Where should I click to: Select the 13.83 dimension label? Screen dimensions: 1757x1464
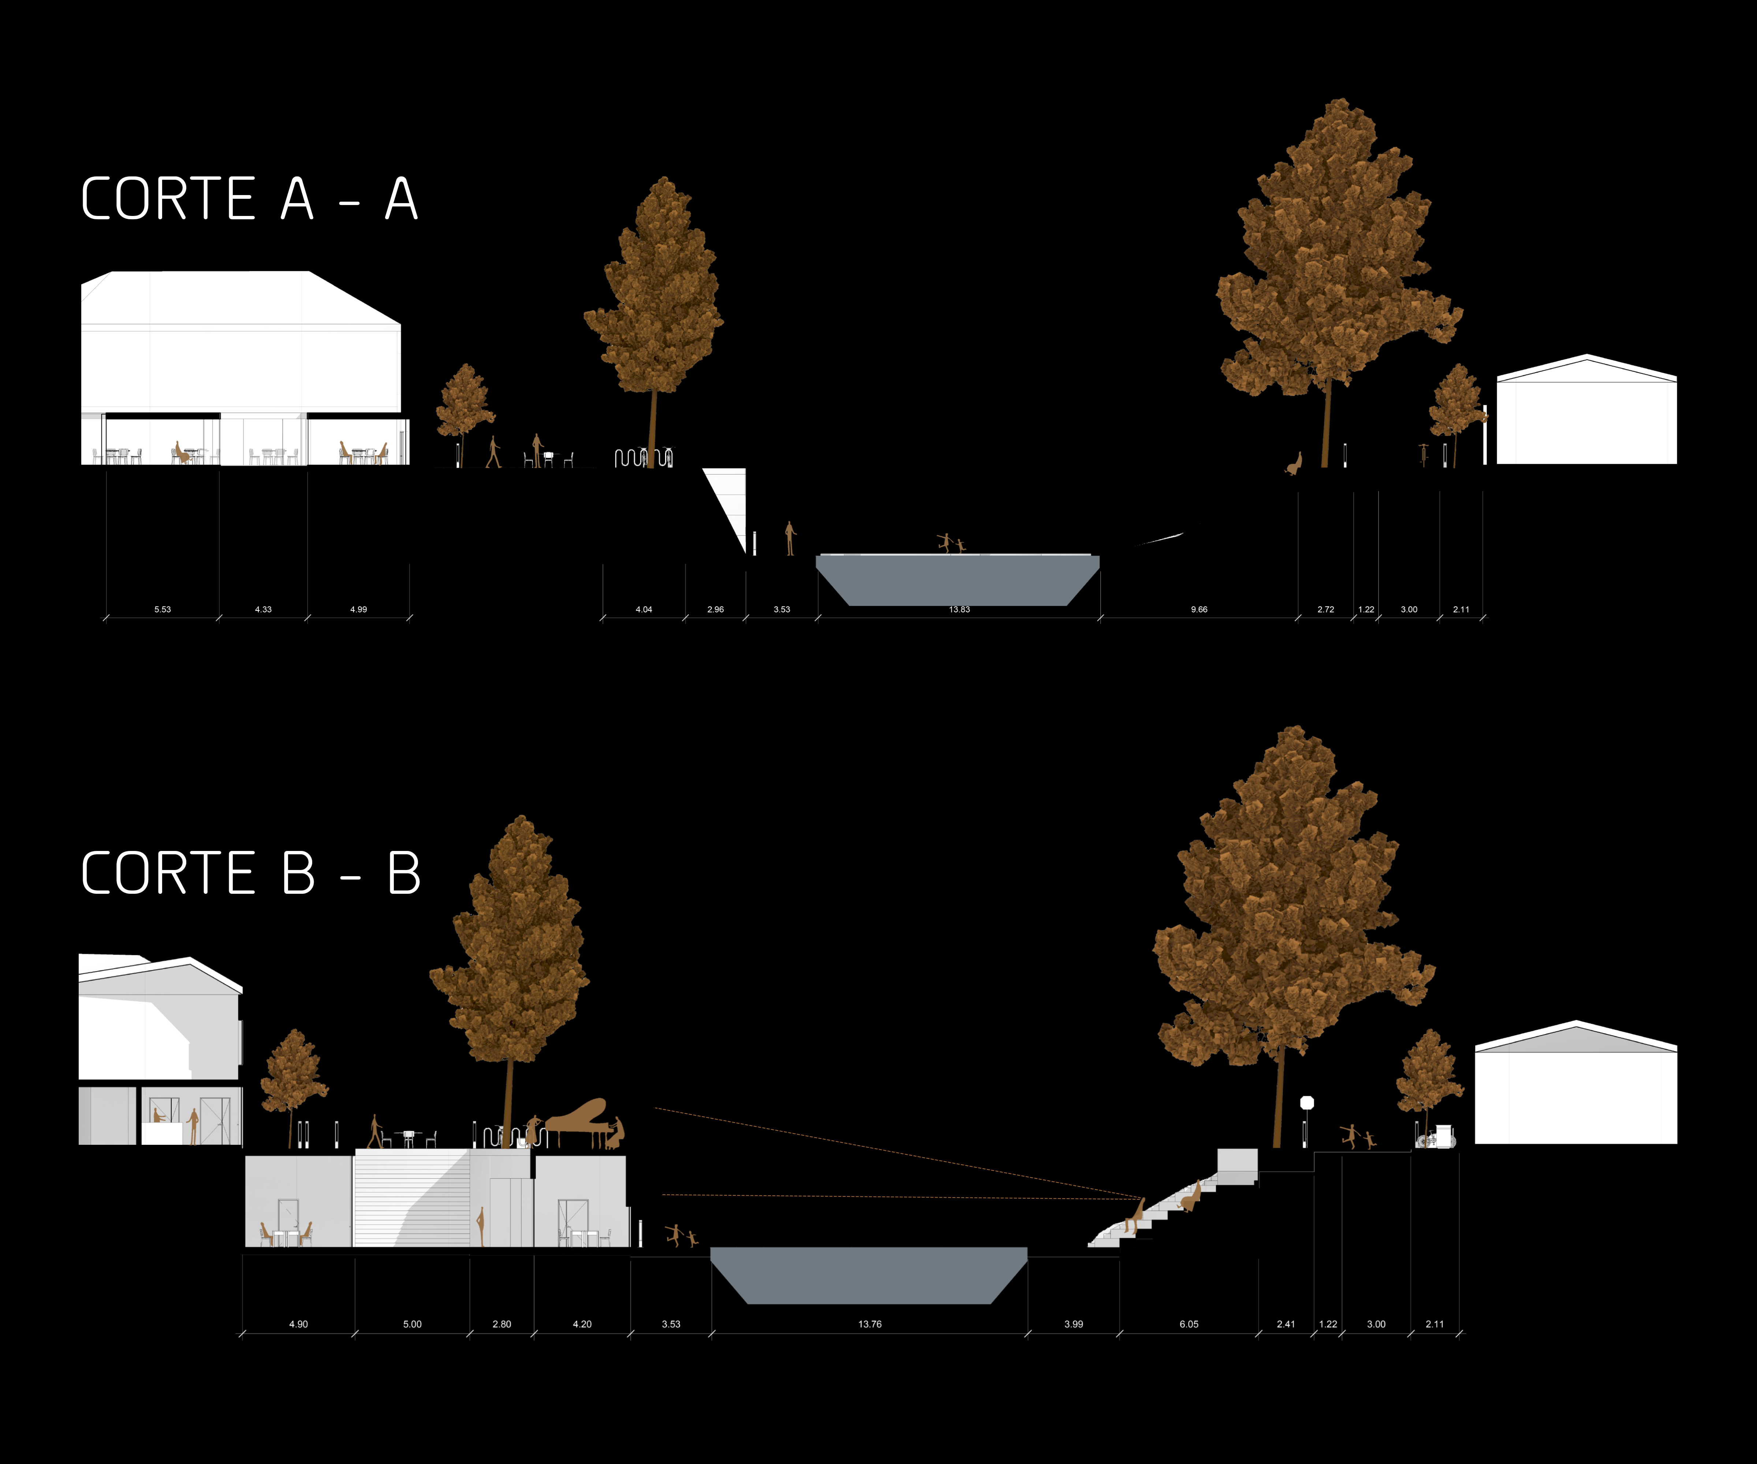pyautogui.click(x=960, y=609)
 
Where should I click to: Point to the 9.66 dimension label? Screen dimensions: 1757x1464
pyautogui.click(x=1199, y=609)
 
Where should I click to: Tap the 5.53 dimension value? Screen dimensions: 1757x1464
pyautogui.click(x=162, y=609)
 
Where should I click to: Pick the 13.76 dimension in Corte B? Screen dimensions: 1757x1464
pyautogui.click(x=870, y=1324)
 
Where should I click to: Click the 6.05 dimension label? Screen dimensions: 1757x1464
pyautogui.click(x=1189, y=1324)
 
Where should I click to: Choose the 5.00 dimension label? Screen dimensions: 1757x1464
pyautogui.click(x=413, y=1324)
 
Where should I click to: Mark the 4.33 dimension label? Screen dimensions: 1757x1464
pyautogui.click(x=264, y=609)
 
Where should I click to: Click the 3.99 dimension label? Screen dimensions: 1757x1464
pyautogui.click(x=1074, y=1324)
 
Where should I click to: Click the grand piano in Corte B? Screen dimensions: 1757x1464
pyautogui.click(x=577, y=1121)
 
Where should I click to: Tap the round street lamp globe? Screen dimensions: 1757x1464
pyautogui.click(x=1307, y=1103)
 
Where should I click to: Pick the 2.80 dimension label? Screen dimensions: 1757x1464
pyautogui.click(x=502, y=1324)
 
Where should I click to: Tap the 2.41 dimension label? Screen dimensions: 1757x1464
pyautogui.click(x=1286, y=1324)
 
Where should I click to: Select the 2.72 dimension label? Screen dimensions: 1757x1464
pyautogui.click(x=1326, y=609)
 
